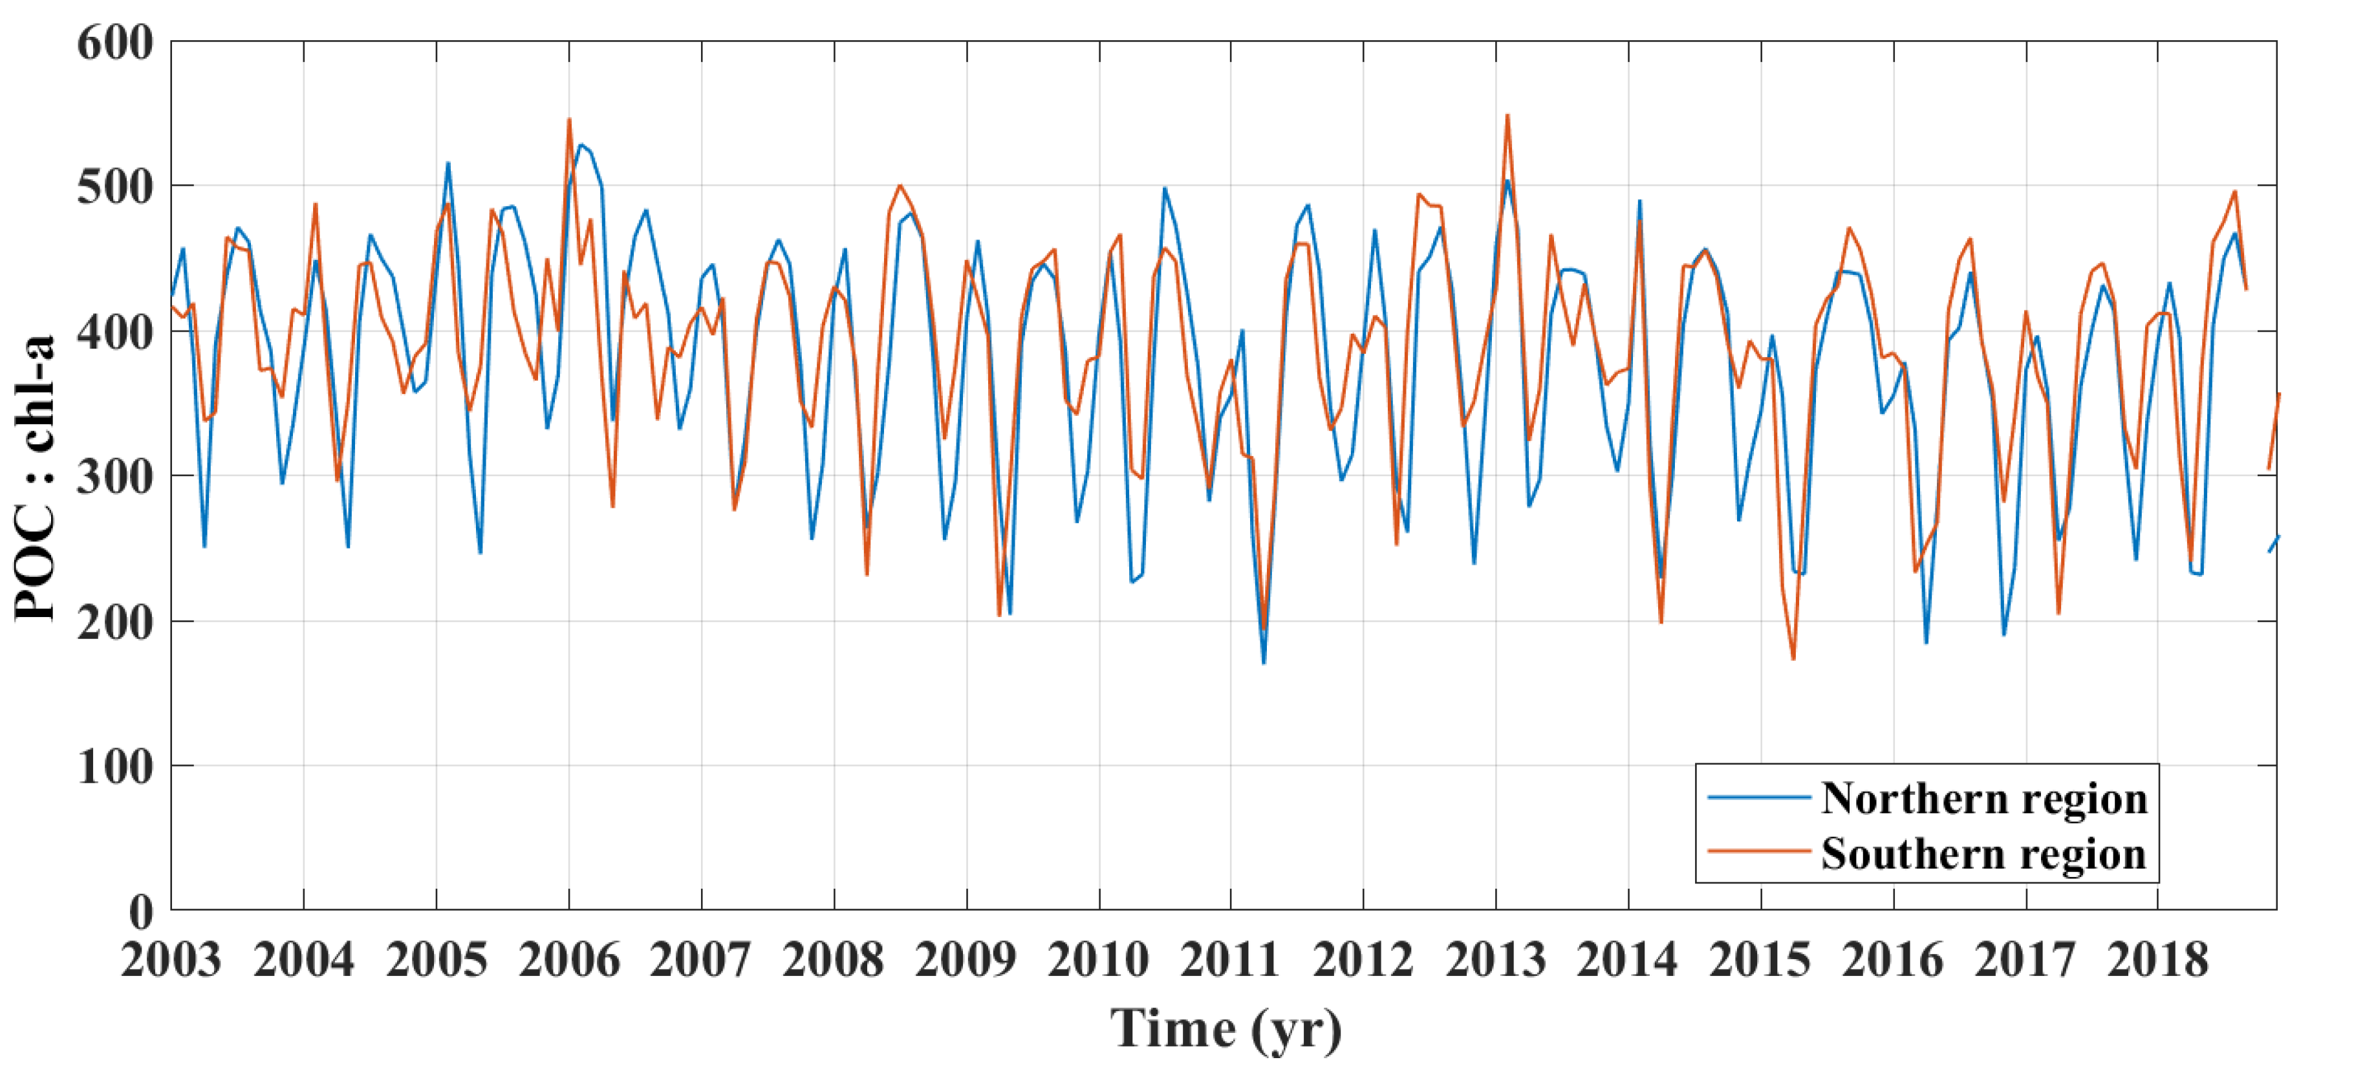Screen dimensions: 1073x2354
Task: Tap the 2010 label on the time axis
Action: click(1098, 960)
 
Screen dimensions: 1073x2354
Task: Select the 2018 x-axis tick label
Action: click(2157, 960)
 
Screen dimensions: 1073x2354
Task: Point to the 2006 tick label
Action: click(568, 960)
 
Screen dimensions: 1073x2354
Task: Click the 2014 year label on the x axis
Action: click(1628, 960)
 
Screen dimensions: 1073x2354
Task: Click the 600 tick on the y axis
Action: click(115, 43)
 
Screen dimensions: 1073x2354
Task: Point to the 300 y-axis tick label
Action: click(115, 476)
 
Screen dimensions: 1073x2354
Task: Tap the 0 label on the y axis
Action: click(141, 910)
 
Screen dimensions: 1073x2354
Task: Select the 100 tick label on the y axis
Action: click(115, 766)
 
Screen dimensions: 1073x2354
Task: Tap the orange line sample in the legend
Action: click(1759, 852)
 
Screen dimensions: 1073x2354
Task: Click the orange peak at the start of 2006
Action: click(569, 119)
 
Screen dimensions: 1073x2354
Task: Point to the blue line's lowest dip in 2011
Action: click(1264, 663)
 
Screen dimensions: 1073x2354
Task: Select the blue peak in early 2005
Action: click(448, 163)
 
